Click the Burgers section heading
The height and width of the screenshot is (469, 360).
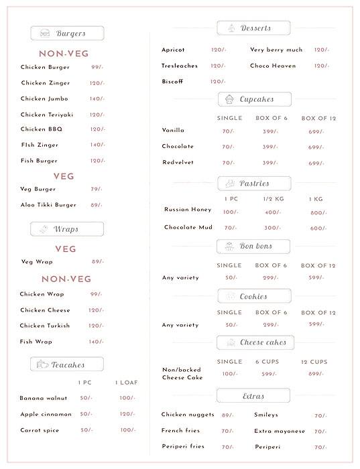tap(67, 33)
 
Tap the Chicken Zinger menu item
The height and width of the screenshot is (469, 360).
tap(45, 83)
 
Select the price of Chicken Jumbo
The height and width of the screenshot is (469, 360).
tap(97, 98)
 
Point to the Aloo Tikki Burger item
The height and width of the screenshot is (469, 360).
tap(48, 205)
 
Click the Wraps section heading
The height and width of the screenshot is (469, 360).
tap(67, 229)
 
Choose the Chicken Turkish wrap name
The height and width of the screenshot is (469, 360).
tap(45, 326)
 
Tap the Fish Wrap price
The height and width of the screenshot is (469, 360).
tap(97, 342)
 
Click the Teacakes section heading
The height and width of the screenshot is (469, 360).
tap(67, 364)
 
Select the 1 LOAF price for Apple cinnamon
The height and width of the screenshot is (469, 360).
tap(127, 414)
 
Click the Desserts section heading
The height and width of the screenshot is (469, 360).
tap(253, 28)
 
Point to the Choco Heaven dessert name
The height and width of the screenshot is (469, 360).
tap(273, 66)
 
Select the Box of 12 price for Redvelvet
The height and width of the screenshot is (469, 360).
tap(316, 163)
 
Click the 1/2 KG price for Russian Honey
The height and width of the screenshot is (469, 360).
tap(273, 212)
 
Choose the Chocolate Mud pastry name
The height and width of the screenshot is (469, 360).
tap(188, 228)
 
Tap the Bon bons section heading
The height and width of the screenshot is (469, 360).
tap(253, 247)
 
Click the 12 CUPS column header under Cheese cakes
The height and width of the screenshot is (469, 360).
tap(314, 362)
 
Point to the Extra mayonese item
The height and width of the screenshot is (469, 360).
tap(280, 431)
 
